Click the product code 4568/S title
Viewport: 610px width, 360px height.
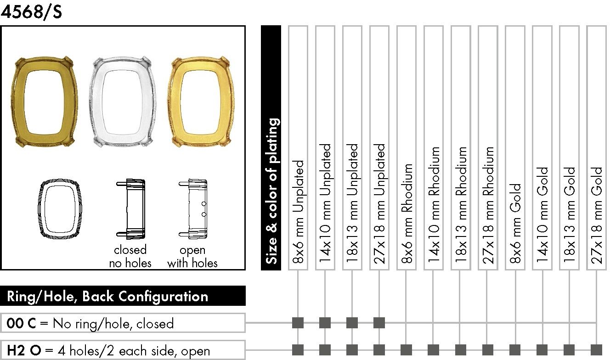point(31,12)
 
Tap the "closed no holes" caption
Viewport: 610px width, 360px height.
point(130,257)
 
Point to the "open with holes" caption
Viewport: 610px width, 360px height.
point(192,257)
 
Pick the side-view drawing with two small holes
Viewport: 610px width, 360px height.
point(193,209)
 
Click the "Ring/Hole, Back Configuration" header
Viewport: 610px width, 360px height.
point(107,296)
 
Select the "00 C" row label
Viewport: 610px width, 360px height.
point(21,323)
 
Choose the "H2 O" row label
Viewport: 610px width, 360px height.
point(24,350)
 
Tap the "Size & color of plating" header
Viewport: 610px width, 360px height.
point(271,191)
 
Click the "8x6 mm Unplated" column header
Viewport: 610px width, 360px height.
point(298,212)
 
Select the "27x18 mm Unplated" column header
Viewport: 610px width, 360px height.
point(379,204)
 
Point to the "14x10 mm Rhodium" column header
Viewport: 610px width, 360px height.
point(434,205)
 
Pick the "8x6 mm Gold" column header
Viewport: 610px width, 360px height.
point(515,223)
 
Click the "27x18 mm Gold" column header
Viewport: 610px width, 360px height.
point(596,215)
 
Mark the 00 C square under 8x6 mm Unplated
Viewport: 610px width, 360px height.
point(298,323)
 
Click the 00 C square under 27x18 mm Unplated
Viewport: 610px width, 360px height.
point(379,323)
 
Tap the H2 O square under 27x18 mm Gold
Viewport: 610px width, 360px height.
point(596,350)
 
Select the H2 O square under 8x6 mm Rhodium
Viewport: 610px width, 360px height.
point(407,350)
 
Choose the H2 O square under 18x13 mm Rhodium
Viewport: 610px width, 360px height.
point(461,350)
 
